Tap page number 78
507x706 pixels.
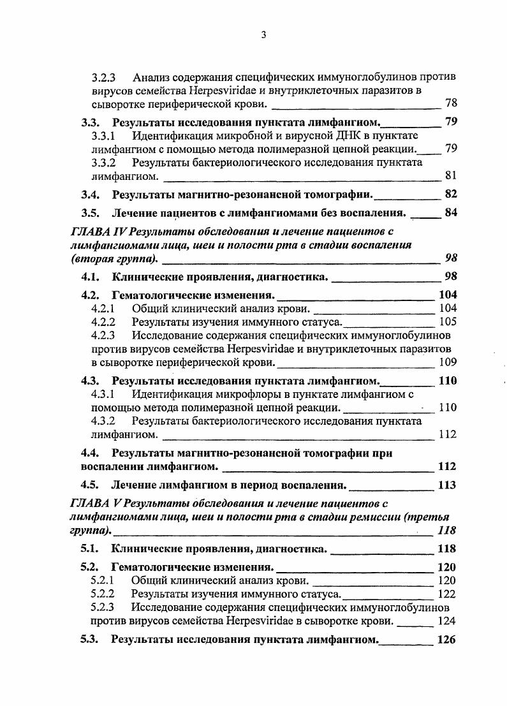(x=450, y=103)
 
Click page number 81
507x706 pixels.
(x=450, y=175)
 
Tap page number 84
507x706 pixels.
(x=450, y=212)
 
